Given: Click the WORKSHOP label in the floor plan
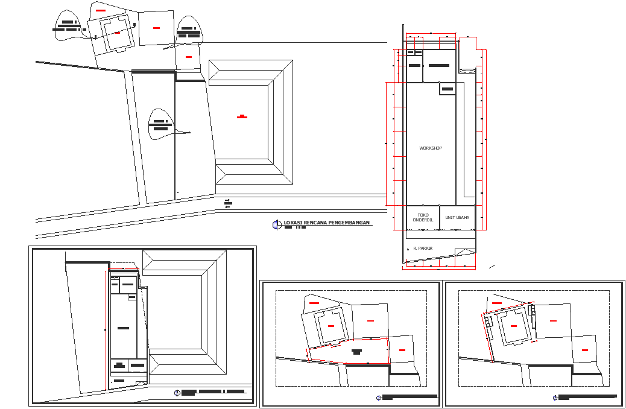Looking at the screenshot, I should pyautogui.click(x=431, y=148).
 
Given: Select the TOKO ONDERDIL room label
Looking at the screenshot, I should pyautogui.click(x=423, y=217).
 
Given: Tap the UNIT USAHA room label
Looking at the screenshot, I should pyautogui.click(x=457, y=217).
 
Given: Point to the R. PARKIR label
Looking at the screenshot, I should pyautogui.click(x=423, y=248).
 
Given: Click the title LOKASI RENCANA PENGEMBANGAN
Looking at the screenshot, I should pyautogui.click(x=326, y=223).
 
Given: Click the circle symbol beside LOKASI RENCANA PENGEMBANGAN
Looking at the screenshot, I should pyautogui.click(x=277, y=224).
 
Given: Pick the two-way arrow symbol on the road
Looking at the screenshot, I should pyautogui.click(x=227, y=203).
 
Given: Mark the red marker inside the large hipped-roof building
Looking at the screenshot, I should pyautogui.click(x=242, y=116).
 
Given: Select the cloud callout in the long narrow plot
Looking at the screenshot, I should pyautogui.click(x=161, y=125).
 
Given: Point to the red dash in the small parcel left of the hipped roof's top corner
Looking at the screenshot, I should pyautogui.click(x=189, y=57).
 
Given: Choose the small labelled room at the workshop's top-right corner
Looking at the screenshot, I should pyautogui.click(x=447, y=89).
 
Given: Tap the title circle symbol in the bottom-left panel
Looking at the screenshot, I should pyautogui.click(x=177, y=393).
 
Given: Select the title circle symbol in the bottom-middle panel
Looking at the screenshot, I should pyautogui.click(x=379, y=398).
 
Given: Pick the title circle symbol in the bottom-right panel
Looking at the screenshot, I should pyautogui.click(x=555, y=398).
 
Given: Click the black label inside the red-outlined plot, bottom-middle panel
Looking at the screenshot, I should pyautogui.click(x=356, y=352).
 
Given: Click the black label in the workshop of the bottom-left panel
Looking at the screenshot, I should pyautogui.click(x=123, y=328).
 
